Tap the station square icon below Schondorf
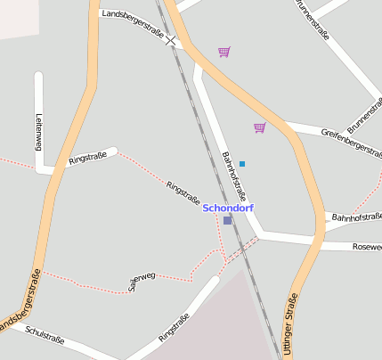coord(227,220)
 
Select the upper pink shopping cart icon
coord(224,52)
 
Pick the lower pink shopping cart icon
coord(259,127)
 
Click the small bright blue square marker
coord(241,164)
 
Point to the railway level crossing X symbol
coord(170,41)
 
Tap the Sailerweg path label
coord(142,282)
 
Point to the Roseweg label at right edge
coord(367,246)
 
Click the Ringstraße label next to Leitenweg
coord(87,160)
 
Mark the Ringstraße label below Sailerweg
coord(174,328)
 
